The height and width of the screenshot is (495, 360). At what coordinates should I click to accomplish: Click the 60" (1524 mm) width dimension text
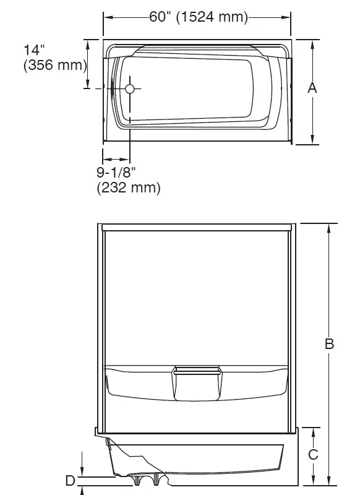(x=198, y=17)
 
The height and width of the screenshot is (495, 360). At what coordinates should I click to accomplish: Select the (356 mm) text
(x=54, y=66)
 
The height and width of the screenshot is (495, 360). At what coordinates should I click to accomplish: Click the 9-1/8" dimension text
(x=116, y=172)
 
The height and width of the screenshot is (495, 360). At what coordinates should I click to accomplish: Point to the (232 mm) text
(x=129, y=187)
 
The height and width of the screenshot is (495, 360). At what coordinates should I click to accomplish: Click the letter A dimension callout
(x=312, y=88)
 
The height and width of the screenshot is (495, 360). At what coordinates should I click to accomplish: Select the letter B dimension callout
(x=329, y=344)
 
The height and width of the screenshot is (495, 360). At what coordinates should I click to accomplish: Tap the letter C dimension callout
(x=313, y=455)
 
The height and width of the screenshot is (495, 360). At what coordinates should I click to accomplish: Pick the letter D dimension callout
(x=71, y=480)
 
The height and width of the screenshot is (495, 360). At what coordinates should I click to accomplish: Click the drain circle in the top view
(x=129, y=89)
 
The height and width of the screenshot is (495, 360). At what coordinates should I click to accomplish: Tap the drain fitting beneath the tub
(x=148, y=478)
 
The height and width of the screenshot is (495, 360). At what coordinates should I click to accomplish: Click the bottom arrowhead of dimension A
(x=312, y=141)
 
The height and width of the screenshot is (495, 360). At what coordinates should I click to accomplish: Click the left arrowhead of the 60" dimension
(x=106, y=17)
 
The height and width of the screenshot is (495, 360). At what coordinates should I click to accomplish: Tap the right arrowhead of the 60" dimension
(x=290, y=17)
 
